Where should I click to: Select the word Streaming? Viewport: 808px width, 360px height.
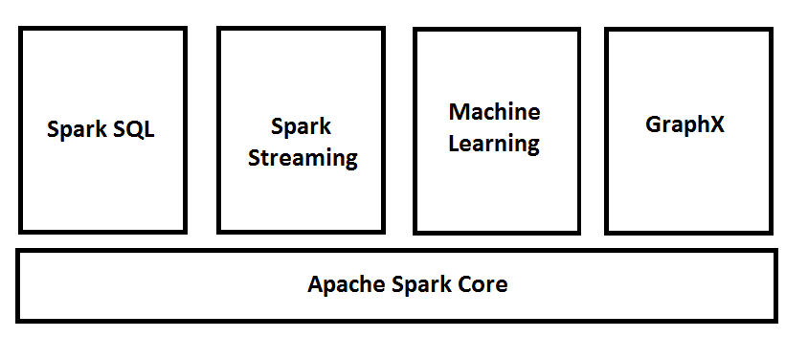(303, 158)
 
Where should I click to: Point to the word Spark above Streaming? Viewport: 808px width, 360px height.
(301, 126)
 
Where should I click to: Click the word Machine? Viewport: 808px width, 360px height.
(494, 111)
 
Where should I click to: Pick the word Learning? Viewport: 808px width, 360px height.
(494, 144)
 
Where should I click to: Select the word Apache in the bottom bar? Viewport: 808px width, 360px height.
(341, 284)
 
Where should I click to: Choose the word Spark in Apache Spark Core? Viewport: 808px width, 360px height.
(416, 284)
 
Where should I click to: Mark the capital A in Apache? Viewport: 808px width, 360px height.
(315, 284)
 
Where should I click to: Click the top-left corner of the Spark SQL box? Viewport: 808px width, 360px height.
(20, 29)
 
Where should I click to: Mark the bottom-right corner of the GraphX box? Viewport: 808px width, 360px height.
(771, 232)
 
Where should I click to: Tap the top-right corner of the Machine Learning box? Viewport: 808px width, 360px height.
(580, 30)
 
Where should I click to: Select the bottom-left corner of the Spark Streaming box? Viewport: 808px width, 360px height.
(219, 232)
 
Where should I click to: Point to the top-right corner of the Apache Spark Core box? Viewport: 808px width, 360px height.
(775, 251)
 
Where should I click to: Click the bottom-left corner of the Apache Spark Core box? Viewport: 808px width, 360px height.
(17, 321)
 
